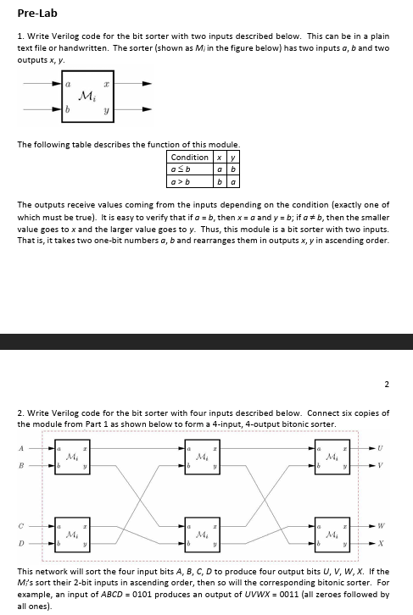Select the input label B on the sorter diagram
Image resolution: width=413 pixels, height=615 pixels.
[20, 464]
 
